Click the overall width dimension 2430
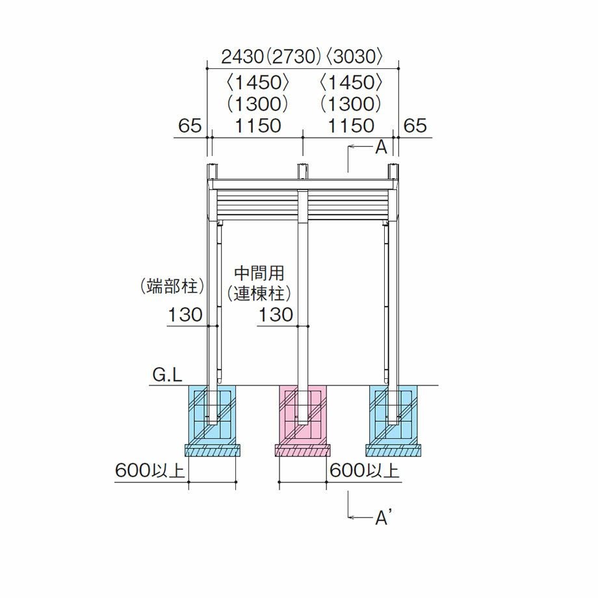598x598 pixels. [242, 57]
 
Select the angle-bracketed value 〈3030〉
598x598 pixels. [354, 57]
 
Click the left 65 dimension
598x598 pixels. [190, 125]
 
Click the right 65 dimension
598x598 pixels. [415, 125]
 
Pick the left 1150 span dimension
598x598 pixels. [258, 125]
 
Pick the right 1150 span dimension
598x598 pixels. [351, 125]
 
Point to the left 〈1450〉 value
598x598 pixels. [258, 83]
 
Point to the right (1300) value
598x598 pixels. [351, 104]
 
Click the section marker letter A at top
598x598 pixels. [381, 147]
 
